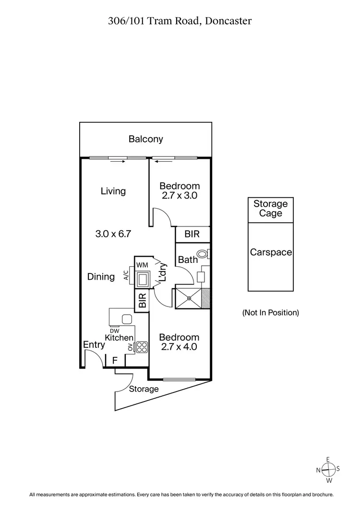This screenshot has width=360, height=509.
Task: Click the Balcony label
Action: [145, 140]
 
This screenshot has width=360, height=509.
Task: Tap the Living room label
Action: [113, 191]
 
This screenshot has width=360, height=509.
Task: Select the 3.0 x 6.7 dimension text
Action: [113, 234]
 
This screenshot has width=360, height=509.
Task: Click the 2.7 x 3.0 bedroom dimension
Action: [179, 196]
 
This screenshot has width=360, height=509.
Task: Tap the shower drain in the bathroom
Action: [190, 298]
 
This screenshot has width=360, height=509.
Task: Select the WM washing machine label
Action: [142, 265]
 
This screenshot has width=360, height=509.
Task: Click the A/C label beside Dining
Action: [126, 275]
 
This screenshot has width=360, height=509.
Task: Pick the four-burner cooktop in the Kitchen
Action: [142, 347]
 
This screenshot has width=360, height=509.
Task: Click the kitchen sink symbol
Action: [127, 319]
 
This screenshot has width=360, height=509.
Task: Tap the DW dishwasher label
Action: [115, 331]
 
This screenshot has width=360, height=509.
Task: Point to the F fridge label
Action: [115, 360]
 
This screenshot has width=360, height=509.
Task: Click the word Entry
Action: [94, 345]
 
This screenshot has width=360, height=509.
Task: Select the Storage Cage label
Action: [270, 209]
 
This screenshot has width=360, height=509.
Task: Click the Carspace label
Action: [271, 252]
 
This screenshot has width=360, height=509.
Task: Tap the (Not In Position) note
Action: [270, 313]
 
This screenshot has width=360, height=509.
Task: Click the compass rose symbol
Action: [328, 470]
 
